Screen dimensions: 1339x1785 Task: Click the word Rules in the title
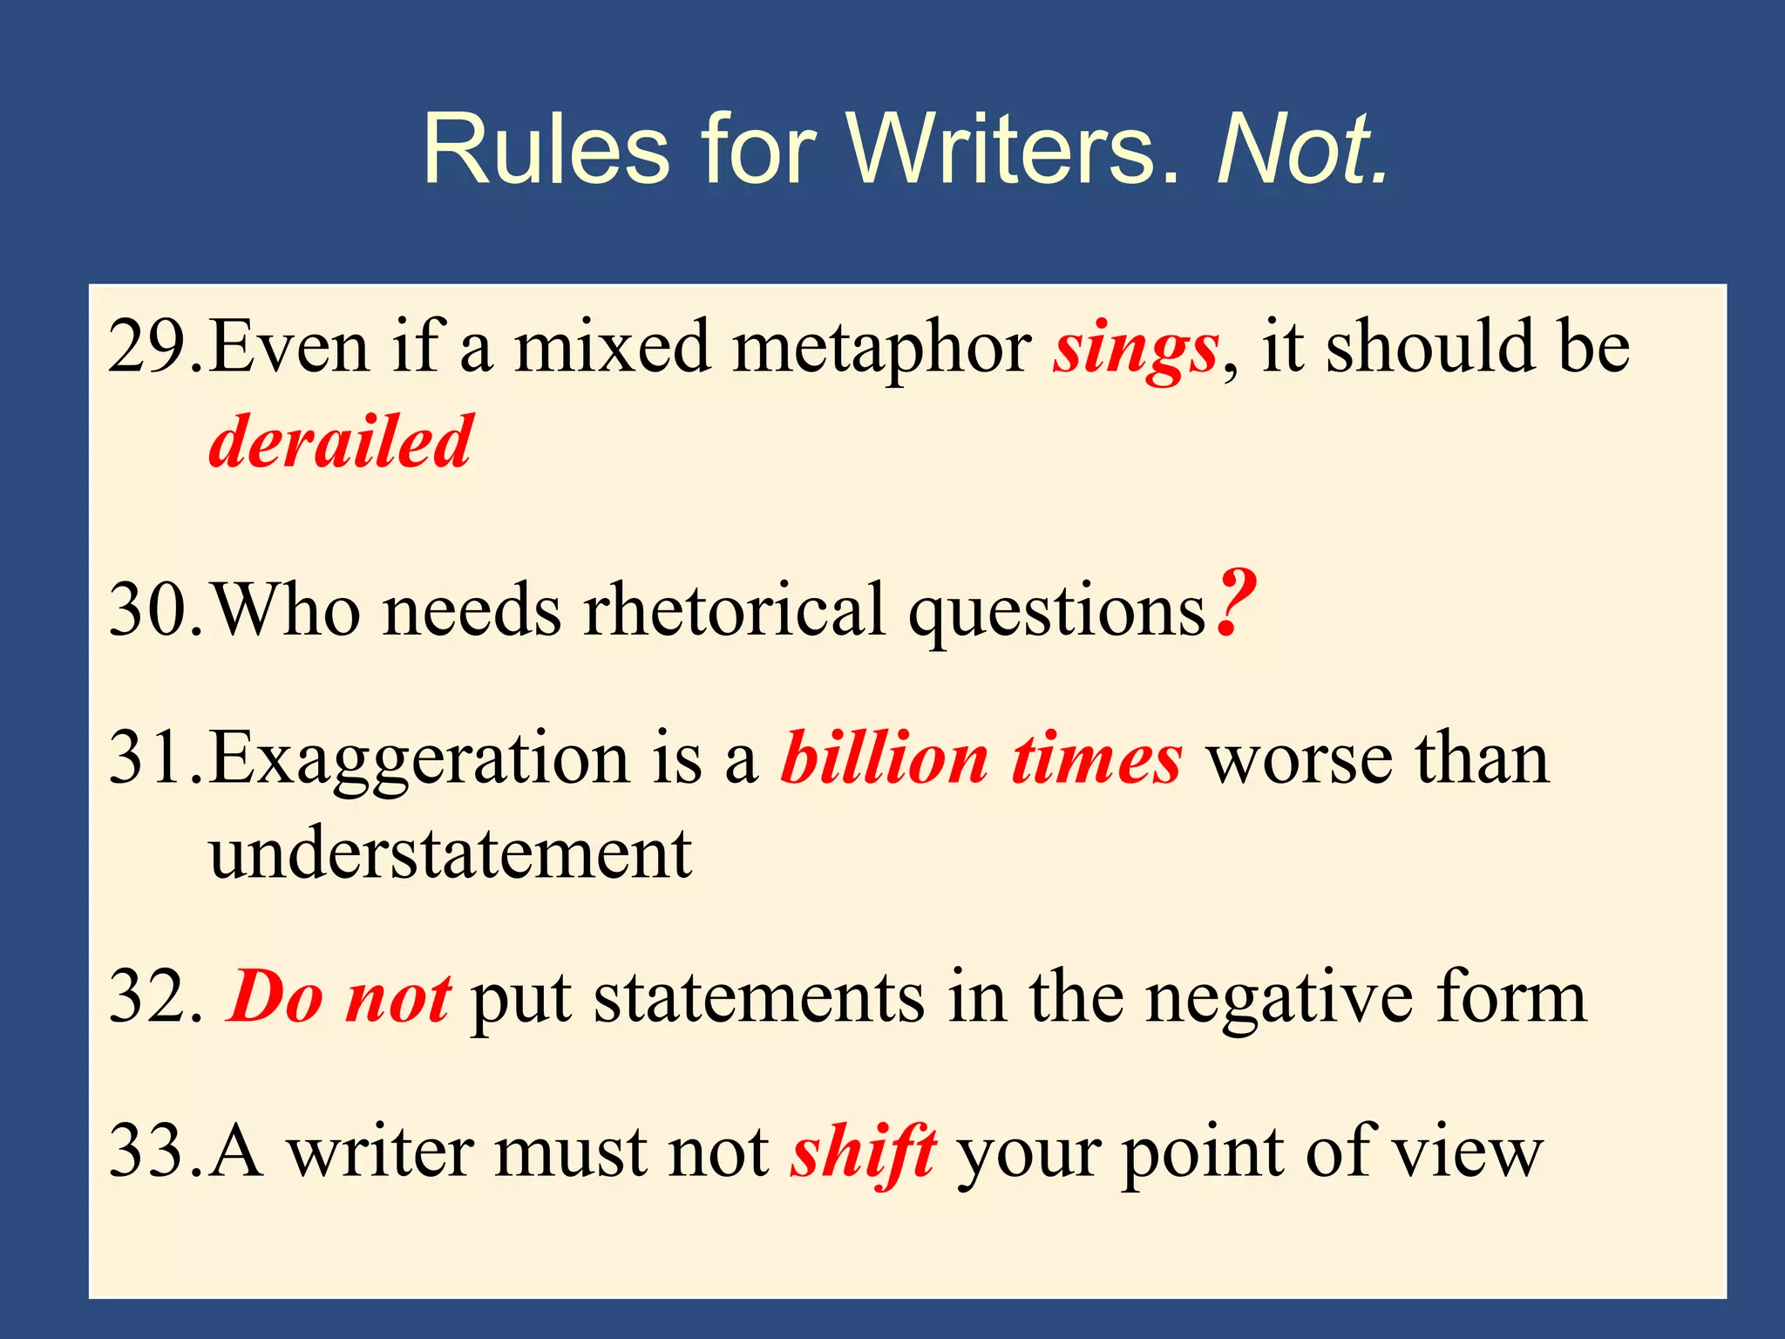(x=546, y=150)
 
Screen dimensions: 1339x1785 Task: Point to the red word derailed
(x=341, y=443)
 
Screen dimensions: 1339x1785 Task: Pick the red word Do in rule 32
(x=275, y=999)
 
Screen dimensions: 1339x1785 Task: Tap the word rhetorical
(x=734, y=610)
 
